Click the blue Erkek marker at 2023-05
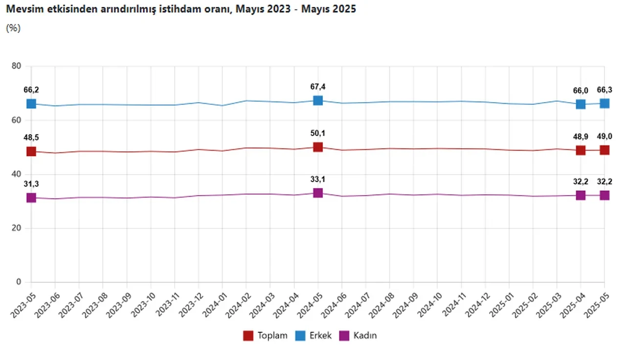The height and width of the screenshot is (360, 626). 31,104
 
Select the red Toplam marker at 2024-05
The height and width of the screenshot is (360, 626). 318,147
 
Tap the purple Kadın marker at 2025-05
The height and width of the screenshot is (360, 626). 604,195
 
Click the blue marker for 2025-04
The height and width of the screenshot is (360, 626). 581,104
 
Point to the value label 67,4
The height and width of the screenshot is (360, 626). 318,87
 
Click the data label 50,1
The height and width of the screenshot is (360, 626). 318,134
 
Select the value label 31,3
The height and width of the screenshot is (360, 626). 31,183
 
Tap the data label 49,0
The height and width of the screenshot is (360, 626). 604,136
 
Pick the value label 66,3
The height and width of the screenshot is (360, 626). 604,90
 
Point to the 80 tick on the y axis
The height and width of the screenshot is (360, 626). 16,67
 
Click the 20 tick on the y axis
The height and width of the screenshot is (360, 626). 16,228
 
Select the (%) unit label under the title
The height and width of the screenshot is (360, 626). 13,28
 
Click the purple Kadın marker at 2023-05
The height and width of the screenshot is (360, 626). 31,198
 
